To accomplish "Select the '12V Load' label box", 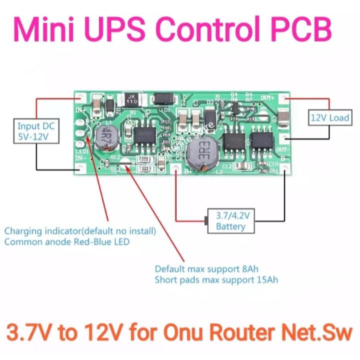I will (329, 118).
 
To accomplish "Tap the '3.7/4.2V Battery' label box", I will (230, 221).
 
